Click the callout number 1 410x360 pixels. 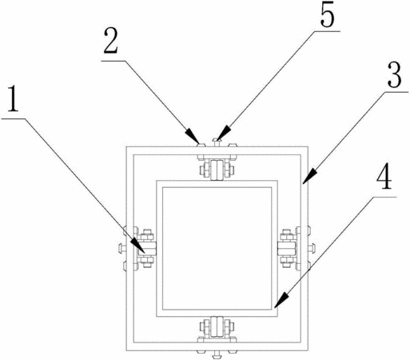[x=13, y=100]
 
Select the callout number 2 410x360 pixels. [x=111, y=41]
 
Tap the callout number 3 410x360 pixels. [x=394, y=74]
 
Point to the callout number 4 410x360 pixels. [x=384, y=177]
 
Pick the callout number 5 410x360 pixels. [x=327, y=15]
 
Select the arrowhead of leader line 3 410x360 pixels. [x=308, y=176]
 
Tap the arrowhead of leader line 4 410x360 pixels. [x=281, y=301]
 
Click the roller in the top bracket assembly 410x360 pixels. [x=217, y=170]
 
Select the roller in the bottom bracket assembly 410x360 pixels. [x=217, y=327]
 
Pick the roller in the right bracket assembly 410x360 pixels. [x=287, y=249]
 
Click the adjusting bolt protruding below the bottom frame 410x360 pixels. [x=217, y=354]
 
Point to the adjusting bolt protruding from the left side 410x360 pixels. [x=122, y=249]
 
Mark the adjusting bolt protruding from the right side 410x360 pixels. [x=311, y=249]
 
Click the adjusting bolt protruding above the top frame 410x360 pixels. [x=217, y=142]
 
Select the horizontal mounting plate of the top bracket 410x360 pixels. [x=217, y=157]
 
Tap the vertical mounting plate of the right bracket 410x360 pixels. [x=298, y=249]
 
